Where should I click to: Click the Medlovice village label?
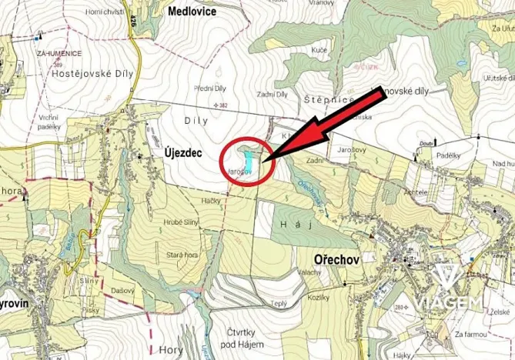click(x=192, y=12)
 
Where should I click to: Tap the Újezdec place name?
click(x=182, y=154)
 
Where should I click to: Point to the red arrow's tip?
click(x=264, y=160)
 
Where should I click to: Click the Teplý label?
click(x=279, y=304)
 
